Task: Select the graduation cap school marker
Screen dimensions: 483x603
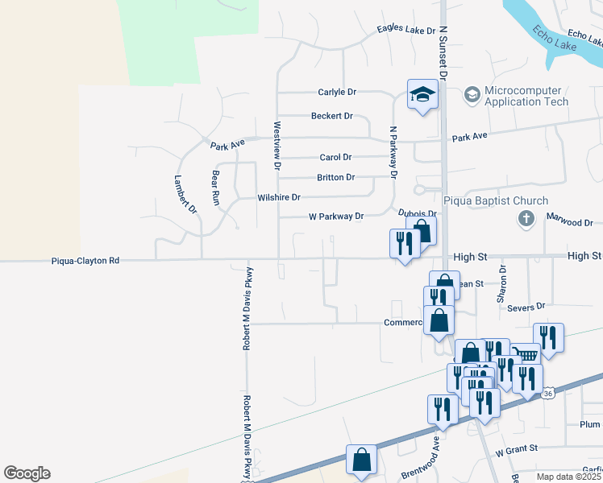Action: (422, 96)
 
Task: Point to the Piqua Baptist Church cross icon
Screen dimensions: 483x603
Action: (526, 218)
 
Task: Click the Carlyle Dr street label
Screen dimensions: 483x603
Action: (336, 93)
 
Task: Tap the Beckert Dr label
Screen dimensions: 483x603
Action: (332, 116)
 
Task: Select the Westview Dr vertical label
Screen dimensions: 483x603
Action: (277, 145)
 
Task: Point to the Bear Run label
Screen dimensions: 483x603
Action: (215, 188)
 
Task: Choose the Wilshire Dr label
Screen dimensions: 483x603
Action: (278, 197)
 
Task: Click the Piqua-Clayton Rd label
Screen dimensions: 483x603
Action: (85, 261)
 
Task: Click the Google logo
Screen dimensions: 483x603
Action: (27, 473)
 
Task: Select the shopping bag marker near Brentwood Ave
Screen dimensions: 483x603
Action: (361, 460)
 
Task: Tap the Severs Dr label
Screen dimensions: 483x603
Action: (526, 307)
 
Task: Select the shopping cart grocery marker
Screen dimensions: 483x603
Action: (526, 354)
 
